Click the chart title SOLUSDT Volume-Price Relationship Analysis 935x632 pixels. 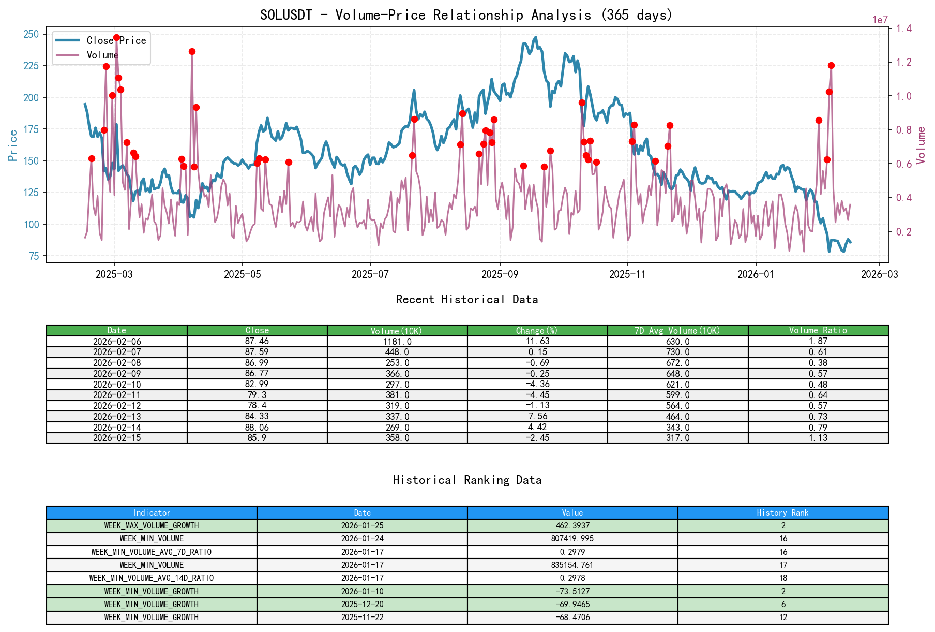(466, 15)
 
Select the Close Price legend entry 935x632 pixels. (116, 40)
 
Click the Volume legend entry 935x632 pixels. (102, 55)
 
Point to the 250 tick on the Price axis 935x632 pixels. (31, 34)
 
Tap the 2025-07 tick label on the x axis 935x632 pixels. (370, 274)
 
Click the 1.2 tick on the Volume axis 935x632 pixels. (904, 62)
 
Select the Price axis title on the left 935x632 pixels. (13, 145)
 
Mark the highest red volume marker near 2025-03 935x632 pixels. (116, 38)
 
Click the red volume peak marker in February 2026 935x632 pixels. (831, 65)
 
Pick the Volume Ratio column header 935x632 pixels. (818, 330)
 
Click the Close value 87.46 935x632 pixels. (257, 342)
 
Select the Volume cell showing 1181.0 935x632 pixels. (397, 342)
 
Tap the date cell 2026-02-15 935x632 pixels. (117, 438)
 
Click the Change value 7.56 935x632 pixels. (537, 417)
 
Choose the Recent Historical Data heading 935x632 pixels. (466, 300)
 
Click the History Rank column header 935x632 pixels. (782, 513)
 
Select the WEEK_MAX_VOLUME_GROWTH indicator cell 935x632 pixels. (152, 526)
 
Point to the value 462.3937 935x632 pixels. (572, 526)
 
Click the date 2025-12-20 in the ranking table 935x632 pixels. (362, 605)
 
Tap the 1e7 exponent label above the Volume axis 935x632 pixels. (880, 20)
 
